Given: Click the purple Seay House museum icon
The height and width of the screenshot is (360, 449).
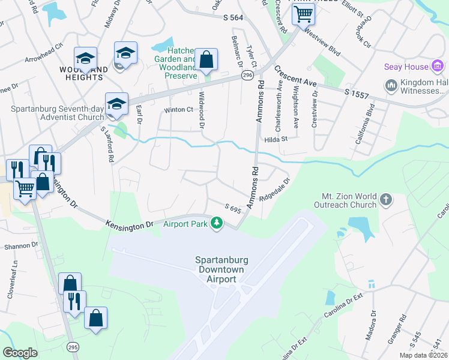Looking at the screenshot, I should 437,66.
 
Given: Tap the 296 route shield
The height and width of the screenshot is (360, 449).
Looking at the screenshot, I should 247,75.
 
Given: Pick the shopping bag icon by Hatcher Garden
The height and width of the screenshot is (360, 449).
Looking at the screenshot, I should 206,59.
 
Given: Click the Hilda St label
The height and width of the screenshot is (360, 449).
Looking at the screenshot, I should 277,139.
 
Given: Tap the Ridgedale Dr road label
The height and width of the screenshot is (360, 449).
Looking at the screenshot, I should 275,189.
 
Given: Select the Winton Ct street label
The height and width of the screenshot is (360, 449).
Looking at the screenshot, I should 178,110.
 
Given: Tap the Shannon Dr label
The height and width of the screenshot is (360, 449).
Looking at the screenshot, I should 20,245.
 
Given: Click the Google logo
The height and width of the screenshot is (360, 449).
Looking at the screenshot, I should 20,353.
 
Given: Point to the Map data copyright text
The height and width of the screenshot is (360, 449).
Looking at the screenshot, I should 423,355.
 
